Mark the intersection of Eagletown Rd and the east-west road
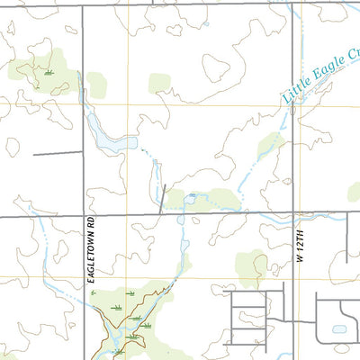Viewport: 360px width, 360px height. (x=84, y=217)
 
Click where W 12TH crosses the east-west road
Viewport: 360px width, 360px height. (x=293, y=213)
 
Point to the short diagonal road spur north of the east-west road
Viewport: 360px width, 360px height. (x=163, y=199)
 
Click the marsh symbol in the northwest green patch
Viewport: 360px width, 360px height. (x=47, y=72)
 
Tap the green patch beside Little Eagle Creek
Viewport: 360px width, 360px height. (x=269, y=144)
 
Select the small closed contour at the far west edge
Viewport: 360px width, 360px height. (x=11, y=145)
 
